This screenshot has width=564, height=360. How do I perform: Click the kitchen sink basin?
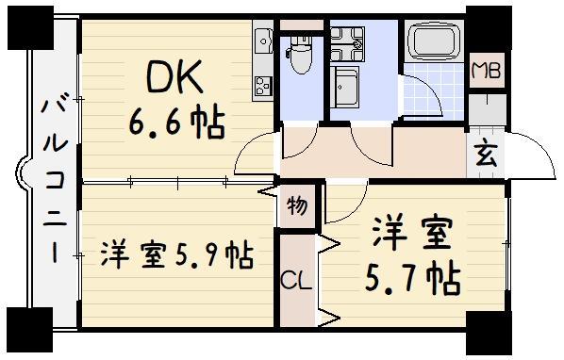click(261, 41)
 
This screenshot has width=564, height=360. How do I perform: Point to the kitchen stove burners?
click(260, 85)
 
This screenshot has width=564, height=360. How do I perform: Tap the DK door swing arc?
click(253, 153)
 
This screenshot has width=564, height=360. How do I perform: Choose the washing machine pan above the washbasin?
click(345, 40)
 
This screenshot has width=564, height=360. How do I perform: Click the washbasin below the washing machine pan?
click(345, 91)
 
